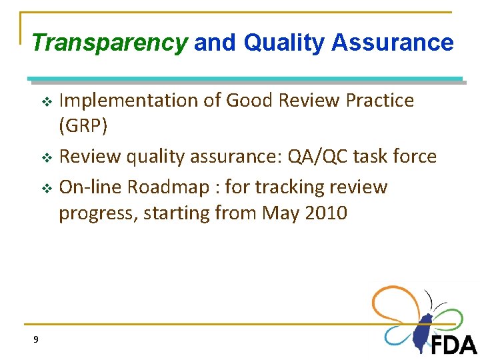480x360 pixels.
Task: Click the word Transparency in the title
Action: tap(109, 43)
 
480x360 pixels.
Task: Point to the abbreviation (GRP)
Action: tap(84, 126)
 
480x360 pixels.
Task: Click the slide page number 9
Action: tap(36, 339)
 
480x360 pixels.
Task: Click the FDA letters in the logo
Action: tap(454, 345)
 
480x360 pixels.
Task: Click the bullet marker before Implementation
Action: tap(47, 102)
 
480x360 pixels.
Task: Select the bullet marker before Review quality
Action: tap(47, 158)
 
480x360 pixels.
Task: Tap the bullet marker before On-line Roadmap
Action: tap(47, 189)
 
